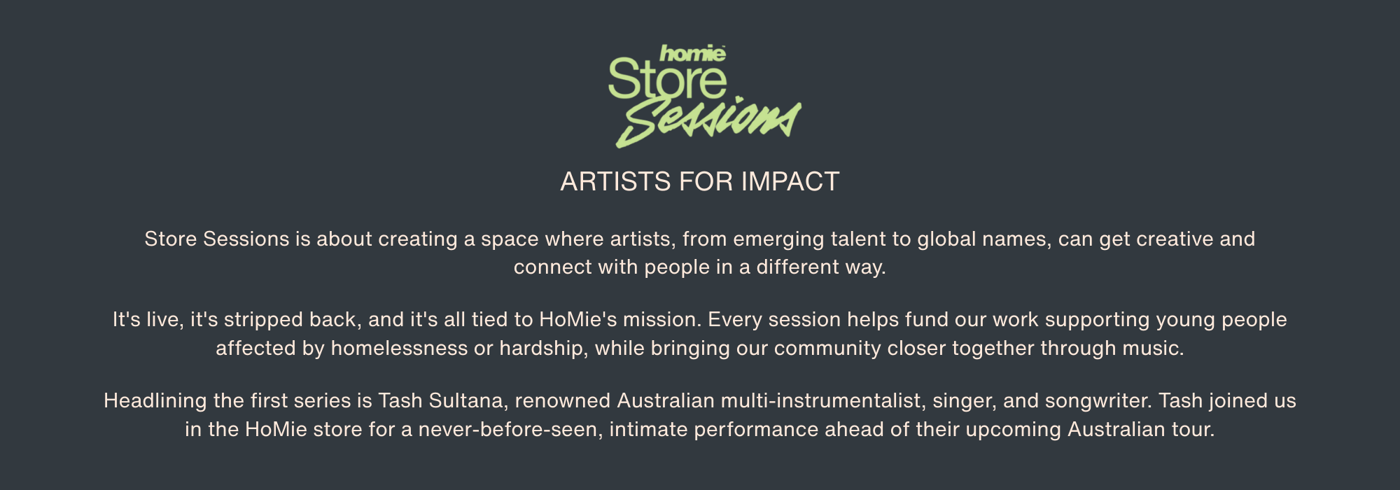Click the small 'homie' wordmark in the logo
tap(692, 53)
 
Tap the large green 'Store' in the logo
tap(668, 79)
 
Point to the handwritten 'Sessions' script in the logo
tap(708, 122)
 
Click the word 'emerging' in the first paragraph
tap(778, 240)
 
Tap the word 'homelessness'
tap(399, 348)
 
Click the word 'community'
tap(827, 349)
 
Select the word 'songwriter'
tap(1098, 402)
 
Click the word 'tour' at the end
tap(1193, 429)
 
